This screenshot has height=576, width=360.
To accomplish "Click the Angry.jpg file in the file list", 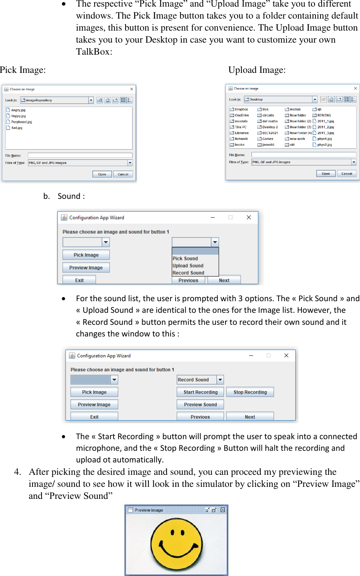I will point(18,110).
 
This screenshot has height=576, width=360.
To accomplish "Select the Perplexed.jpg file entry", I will point(21,122).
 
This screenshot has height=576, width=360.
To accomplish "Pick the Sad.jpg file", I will point(17,128).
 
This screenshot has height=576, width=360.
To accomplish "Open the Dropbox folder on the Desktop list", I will point(241,109).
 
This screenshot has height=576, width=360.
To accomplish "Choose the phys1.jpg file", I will point(324,139).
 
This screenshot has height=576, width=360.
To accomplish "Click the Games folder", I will point(267,139).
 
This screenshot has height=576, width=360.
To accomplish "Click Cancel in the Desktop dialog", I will point(346,174).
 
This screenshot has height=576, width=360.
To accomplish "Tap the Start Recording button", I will point(200,392).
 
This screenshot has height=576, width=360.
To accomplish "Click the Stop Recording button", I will point(250,392).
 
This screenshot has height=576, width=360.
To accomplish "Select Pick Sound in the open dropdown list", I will point(185,259).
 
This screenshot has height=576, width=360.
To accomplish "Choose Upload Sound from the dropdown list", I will point(188,266).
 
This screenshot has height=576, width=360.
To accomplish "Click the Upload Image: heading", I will point(257,70).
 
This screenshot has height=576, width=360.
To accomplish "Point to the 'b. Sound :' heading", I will point(64,196).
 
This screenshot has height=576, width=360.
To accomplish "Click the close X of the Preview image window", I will point(223,510).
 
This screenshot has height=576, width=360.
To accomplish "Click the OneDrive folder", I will point(242,115).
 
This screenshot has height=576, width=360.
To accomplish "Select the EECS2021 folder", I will point(270,133).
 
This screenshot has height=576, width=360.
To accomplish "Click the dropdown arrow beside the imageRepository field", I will point(91,100).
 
